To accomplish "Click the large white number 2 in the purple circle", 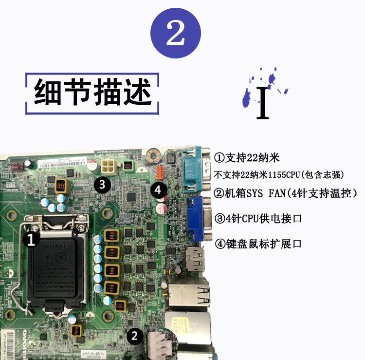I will [175, 34].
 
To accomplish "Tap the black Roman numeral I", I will [263, 103].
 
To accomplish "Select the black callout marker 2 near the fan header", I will [135, 335].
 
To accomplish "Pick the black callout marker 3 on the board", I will [101, 184].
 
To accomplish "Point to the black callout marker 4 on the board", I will [159, 189].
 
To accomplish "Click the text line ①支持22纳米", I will [247, 158].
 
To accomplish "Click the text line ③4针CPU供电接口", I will [258, 218].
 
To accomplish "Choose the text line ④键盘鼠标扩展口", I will [258, 243].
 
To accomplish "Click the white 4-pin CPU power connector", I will [109, 167].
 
